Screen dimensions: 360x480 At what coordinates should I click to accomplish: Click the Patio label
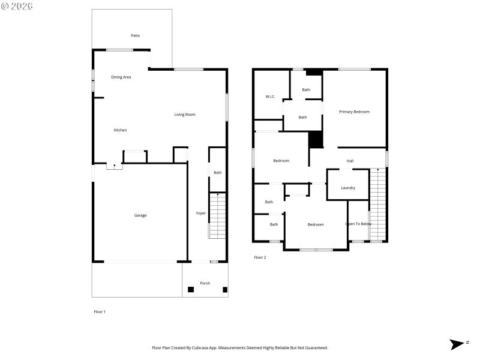pos(135,35)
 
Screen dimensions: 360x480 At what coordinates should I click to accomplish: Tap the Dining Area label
pos(121,77)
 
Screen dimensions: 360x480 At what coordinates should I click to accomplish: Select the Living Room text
pos(185,115)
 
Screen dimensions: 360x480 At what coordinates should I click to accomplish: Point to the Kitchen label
pos(120,130)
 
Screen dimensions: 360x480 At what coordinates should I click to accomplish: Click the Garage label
pos(140,215)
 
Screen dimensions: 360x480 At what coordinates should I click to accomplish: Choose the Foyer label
pos(200,213)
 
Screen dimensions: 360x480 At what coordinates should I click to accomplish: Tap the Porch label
pos(205,283)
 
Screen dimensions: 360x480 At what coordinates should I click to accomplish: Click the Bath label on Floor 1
pos(217,173)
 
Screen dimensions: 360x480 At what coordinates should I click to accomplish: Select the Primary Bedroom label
pos(354,112)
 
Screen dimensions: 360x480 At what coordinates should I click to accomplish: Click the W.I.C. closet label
pos(270,97)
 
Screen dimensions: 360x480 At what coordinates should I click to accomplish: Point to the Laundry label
pos(347,188)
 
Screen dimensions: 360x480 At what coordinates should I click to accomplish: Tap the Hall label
pos(350,161)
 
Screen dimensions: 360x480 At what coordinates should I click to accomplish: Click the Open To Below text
pos(358,224)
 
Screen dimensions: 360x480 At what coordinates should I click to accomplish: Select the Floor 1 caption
pos(100,311)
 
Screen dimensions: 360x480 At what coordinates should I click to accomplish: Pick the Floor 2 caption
pos(260,257)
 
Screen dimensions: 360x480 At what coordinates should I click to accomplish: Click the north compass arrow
pos(458,344)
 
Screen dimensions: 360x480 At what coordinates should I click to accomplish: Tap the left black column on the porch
pos(191,290)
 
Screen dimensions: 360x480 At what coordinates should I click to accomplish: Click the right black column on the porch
pos(225,290)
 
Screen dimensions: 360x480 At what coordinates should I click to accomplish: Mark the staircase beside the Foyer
pos(217,216)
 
